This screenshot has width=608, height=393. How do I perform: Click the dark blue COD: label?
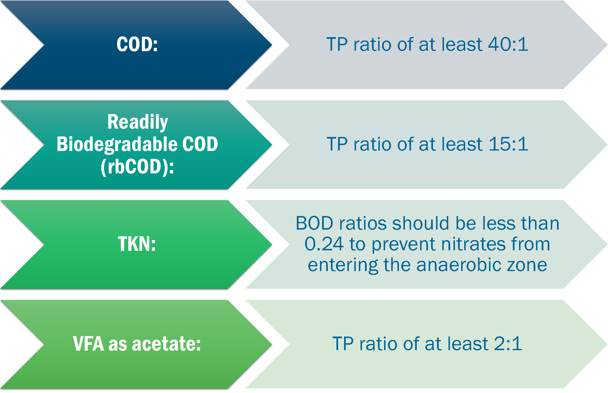pyautogui.click(x=137, y=44)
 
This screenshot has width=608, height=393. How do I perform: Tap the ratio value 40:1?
pyautogui.click(x=508, y=44)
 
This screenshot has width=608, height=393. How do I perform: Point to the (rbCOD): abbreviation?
pyautogui.click(x=137, y=167)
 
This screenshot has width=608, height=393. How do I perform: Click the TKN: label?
pyautogui.click(x=137, y=244)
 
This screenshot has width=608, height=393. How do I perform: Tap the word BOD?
pyautogui.click(x=314, y=223)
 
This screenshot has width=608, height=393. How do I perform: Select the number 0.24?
pyautogui.click(x=324, y=244)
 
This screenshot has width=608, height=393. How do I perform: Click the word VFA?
pyautogui.click(x=88, y=344)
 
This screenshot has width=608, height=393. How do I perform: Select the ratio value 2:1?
pyautogui.click(x=508, y=343)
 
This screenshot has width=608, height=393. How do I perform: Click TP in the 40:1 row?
pyautogui.click(x=337, y=44)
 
